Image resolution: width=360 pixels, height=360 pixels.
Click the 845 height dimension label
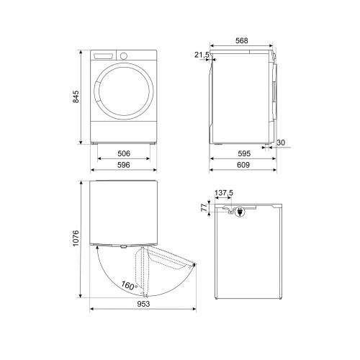pos(76,96)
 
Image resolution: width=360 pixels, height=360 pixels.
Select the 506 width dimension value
pos(124,153)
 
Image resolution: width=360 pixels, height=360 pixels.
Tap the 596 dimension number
pos(124,165)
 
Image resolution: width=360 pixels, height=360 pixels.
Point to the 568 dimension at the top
pos(241,40)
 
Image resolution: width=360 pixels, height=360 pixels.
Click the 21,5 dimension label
pos(202,55)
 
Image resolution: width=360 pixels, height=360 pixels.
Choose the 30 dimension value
pos(281,143)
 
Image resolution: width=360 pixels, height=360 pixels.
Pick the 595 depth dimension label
pos(244,153)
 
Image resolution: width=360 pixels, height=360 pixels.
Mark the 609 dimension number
pos(243,165)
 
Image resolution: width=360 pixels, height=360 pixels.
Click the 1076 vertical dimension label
pos(76,238)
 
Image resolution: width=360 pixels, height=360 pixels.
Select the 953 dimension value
pos(143,304)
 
